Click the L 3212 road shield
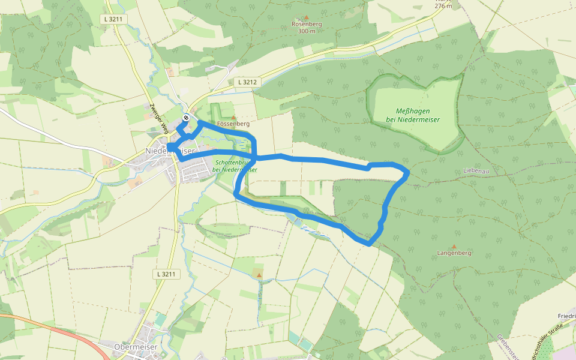point(247,82)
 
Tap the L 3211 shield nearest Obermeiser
point(166,274)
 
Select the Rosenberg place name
point(307,24)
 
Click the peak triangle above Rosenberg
point(307,17)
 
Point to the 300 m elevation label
point(307,31)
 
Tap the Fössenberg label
point(233,124)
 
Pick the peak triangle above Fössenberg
point(233,117)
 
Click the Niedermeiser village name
point(170,152)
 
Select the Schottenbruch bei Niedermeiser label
point(235,166)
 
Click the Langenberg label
point(454,253)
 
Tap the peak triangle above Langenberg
point(454,246)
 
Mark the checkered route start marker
point(187,118)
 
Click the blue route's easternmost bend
point(408,173)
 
